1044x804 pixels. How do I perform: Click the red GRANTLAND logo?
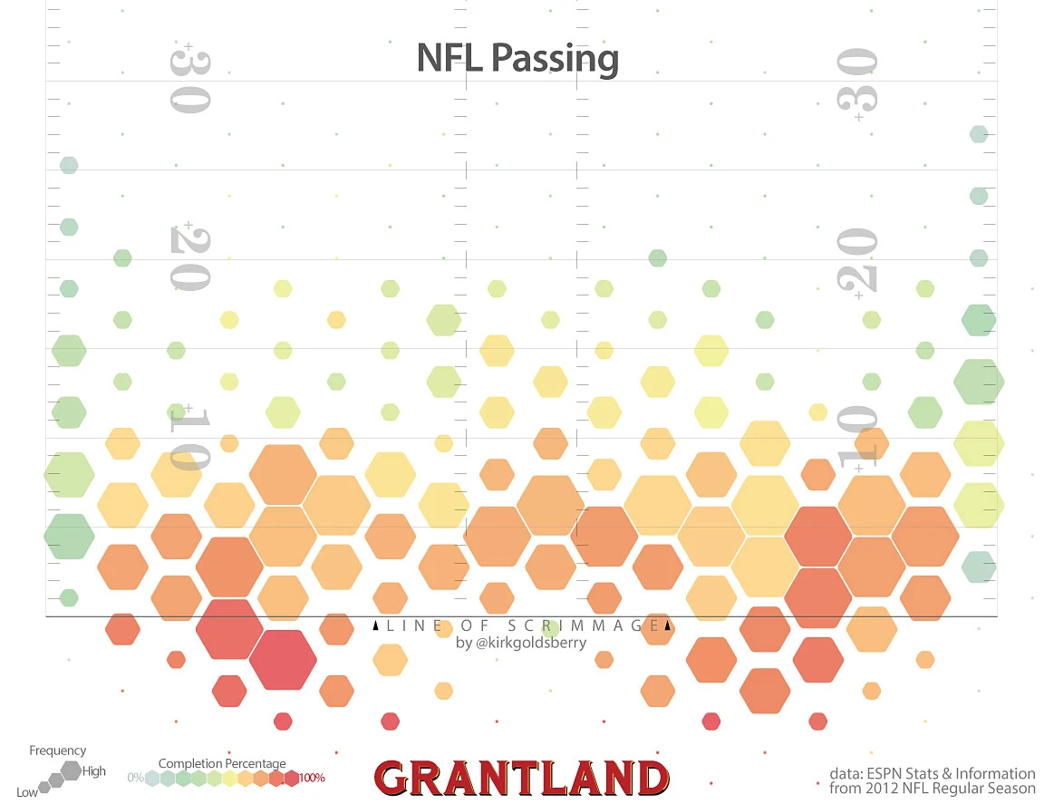(521, 779)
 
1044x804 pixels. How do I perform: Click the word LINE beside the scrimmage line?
(415, 625)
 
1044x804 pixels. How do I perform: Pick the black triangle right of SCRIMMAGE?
(667, 625)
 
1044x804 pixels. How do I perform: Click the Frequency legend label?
(58, 751)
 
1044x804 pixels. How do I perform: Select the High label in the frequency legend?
(94, 771)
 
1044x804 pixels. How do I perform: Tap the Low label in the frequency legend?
(27, 792)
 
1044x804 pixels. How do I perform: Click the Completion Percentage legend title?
(222, 763)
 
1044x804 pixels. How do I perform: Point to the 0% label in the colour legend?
(135, 778)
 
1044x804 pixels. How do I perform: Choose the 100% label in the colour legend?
(312, 778)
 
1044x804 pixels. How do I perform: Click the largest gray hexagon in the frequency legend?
(71, 770)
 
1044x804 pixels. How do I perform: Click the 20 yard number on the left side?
(190, 258)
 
